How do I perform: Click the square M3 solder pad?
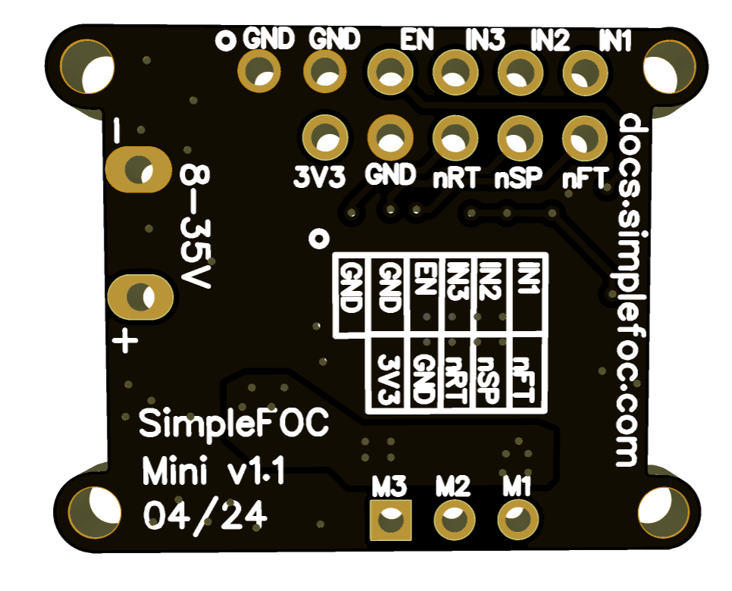(391, 521)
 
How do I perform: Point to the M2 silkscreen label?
(454, 486)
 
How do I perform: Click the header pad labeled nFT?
(584, 138)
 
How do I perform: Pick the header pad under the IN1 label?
(584, 73)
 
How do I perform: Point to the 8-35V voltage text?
(196, 227)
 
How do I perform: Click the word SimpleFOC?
(234, 424)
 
